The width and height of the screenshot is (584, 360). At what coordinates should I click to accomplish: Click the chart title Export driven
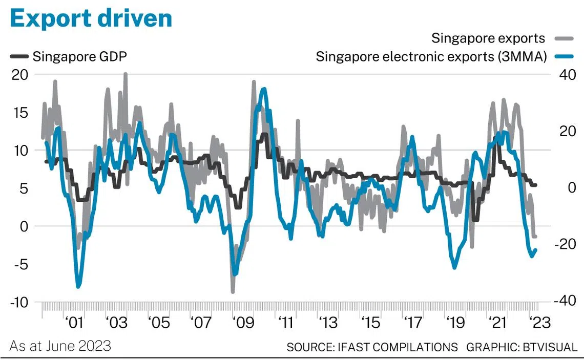[x=91, y=19]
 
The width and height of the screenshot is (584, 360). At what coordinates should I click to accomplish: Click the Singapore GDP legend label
[x=79, y=56]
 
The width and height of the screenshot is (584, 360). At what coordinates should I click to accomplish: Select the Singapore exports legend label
[x=488, y=38]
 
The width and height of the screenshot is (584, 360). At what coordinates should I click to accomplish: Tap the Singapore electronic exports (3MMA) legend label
[x=431, y=56]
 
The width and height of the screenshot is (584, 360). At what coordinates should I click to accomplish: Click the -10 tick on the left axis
[x=20, y=302]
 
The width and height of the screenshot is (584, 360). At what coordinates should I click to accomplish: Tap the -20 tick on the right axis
[x=565, y=245]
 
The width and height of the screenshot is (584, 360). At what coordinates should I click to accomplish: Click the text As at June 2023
[x=60, y=346]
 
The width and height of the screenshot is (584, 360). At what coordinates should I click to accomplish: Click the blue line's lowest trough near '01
[x=78, y=286]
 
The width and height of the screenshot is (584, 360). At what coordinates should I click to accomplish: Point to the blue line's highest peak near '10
[x=264, y=89]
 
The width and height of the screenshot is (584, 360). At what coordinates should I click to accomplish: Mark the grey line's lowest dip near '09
[x=233, y=292]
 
